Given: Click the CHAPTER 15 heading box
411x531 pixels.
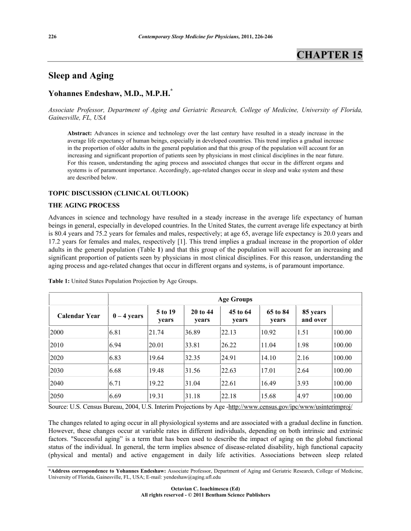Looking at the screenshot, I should tap(329, 55).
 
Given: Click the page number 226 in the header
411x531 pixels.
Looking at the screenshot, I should tap(52, 37).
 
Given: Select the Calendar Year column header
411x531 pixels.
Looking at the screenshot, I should tap(79, 316).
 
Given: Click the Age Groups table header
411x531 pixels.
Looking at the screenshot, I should tap(235, 299).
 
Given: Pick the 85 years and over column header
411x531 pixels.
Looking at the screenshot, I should tap(313, 316).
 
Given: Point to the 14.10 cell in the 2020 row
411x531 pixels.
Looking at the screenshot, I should tap(268, 359).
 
